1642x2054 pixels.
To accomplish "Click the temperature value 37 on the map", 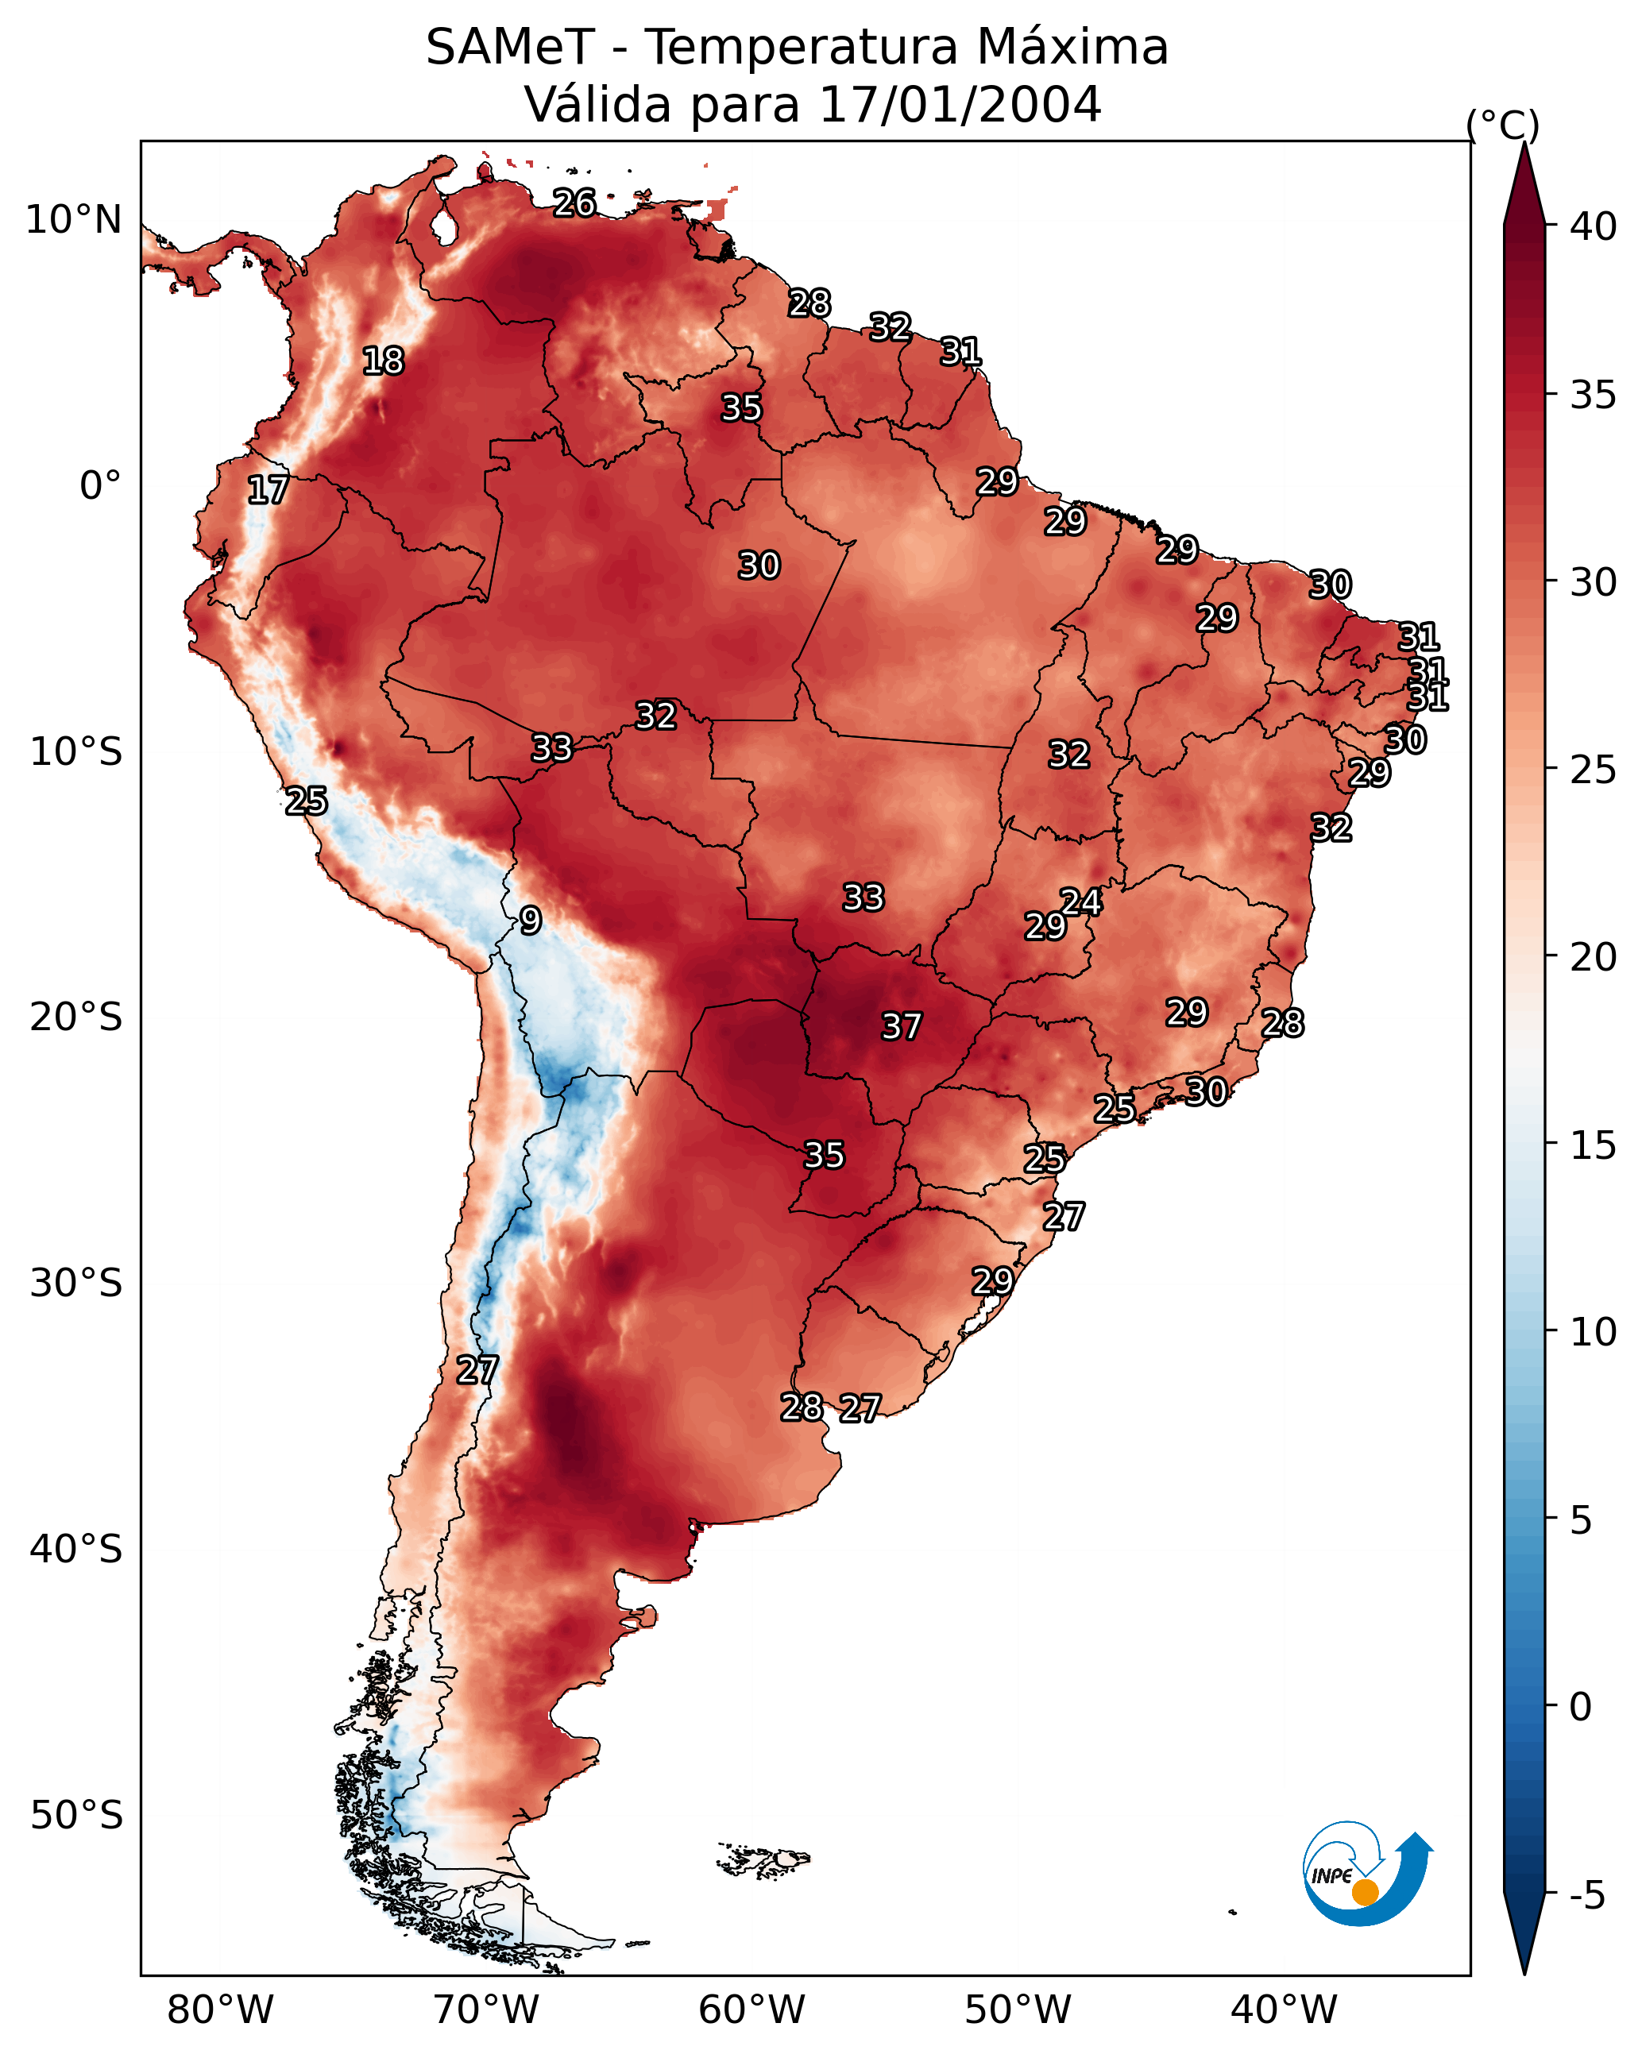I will [x=901, y=1026].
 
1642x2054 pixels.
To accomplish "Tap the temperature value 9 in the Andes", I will [x=530, y=921].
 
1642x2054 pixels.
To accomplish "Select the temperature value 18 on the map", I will [x=383, y=361].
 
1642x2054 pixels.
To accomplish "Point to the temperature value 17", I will [x=268, y=491].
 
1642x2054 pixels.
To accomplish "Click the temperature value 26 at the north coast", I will [x=574, y=203].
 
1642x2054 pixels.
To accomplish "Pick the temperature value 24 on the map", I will [x=1080, y=902].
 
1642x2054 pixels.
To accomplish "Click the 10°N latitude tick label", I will [x=73, y=220].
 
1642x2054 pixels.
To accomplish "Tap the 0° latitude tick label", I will [x=100, y=486].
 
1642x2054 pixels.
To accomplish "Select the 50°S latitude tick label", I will [x=76, y=1816].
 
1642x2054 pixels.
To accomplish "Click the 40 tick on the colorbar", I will [x=1594, y=226].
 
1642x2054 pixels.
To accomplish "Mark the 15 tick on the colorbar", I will [x=1594, y=1145].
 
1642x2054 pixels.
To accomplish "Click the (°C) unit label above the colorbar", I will [x=1503, y=125].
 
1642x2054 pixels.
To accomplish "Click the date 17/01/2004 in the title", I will [x=960, y=104].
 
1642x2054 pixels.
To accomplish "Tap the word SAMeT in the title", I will [x=511, y=47].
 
